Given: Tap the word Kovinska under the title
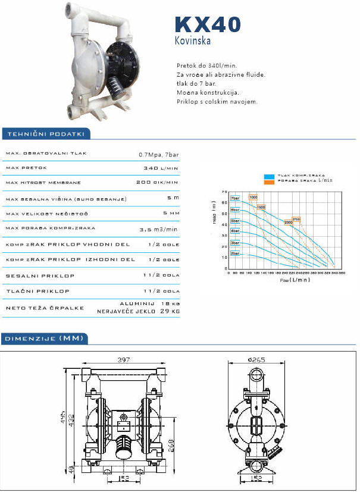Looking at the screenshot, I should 192,41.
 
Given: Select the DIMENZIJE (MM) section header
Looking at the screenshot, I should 45,339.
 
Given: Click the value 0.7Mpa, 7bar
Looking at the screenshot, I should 158,154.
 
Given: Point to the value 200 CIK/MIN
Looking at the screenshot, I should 157,182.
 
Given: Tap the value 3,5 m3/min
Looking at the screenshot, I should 158,229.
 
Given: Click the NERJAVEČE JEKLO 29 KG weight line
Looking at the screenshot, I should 138,312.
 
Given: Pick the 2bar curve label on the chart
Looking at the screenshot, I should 235,253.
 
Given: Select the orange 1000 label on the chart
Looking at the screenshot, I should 253,197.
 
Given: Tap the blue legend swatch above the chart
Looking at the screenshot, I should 270,176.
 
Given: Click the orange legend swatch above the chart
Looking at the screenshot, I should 270,181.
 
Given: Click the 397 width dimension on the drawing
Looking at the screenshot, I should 124,360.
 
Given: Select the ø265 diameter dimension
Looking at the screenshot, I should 258,359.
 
